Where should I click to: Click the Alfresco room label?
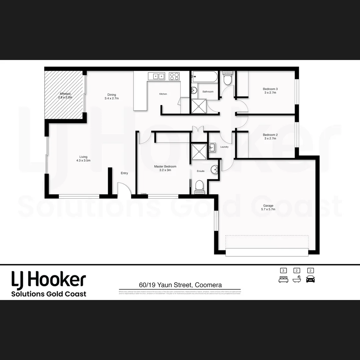click(65, 96)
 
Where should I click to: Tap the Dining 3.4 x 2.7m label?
click(112, 96)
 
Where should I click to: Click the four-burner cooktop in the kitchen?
click(174, 76)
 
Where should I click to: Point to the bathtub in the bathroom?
click(205, 77)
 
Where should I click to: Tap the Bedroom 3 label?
click(270, 91)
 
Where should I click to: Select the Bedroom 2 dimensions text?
click(270, 138)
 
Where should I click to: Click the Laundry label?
click(224, 147)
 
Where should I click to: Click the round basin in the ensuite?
click(214, 170)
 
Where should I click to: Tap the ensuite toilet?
click(199, 186)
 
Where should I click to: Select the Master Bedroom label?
click(165, 168)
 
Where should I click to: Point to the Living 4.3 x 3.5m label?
click(83, 159)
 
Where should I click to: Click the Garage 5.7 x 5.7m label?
click(268, 207)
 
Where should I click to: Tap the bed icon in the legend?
click(283, 279)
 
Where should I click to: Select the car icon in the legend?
click(310, 279)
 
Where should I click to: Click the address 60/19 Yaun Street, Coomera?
click(180, 285)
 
